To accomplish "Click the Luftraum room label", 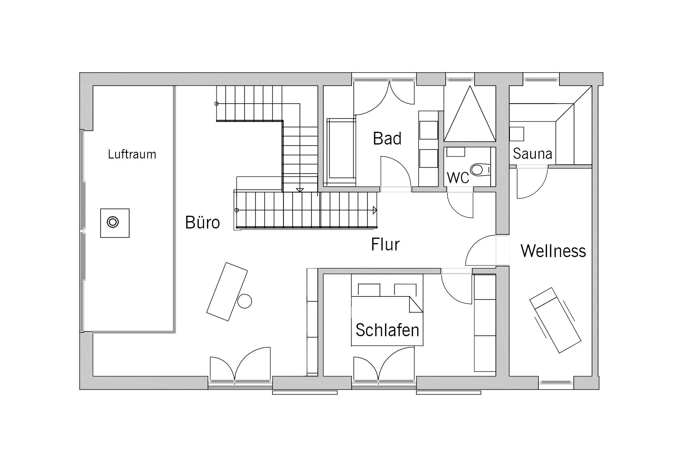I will click(132, 155).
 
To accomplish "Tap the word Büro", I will click(202, 222).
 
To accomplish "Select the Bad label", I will click(387, 138).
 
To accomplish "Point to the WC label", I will click(458, 178).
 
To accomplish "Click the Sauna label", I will click(532, 154).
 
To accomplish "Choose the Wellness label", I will click(553, 251).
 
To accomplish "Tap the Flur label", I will click(385, 244).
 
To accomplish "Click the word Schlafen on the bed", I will click(387, 330).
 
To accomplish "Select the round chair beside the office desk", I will click(244, 301).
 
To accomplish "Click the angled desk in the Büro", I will click(227, 291).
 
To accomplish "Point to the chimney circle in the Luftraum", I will click(113, 222).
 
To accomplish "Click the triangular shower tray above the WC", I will click(470, 120).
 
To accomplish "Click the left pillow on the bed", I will click(369, 290).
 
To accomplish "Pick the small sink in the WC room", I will click(456, 152).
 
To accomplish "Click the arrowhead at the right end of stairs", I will click(375, 210).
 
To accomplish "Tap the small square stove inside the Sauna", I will click(517, 134).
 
